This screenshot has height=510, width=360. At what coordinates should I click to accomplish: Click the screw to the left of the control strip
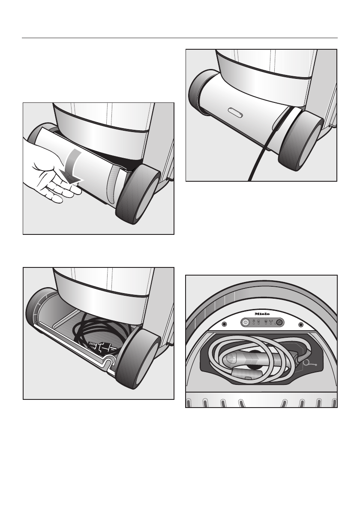[224, 324]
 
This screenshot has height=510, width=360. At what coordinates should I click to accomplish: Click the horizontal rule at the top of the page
[180, 38]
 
